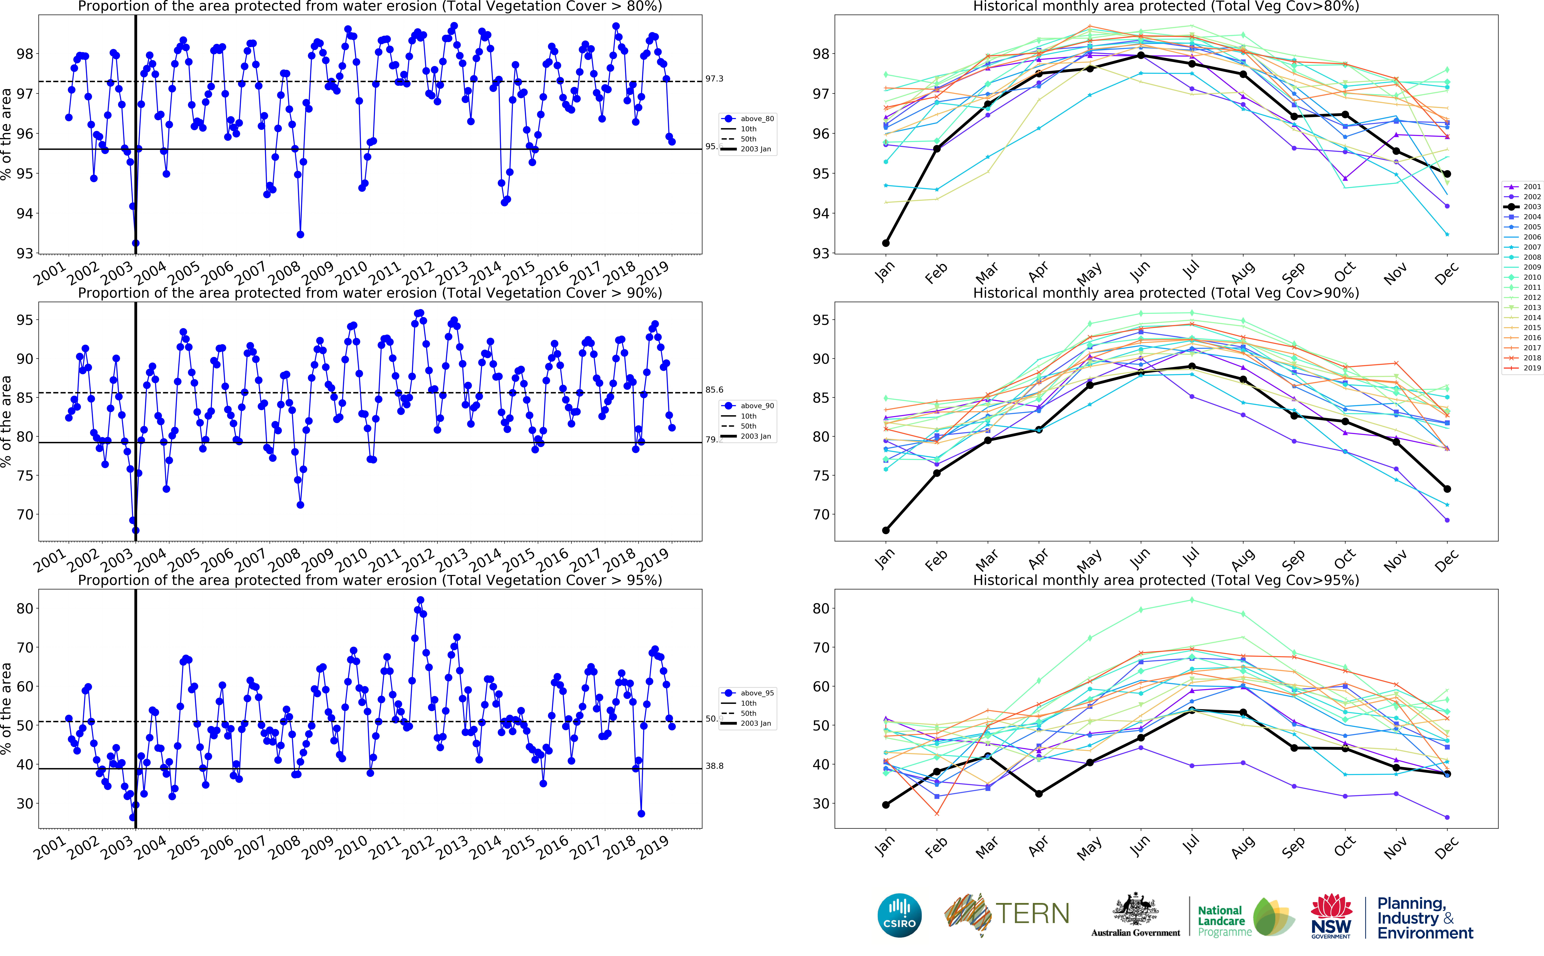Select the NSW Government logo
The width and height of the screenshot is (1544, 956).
[x=1331, y=916]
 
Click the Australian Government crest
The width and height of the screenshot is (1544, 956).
[x=1135, y=910]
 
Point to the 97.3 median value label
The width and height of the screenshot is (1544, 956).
[x=714, y=79]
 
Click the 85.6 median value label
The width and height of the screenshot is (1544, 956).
[x=714, y=390]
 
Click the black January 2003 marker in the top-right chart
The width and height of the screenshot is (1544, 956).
[x=885, y=243]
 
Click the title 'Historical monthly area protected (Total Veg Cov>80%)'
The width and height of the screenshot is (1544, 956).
[x=1166, y=6]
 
